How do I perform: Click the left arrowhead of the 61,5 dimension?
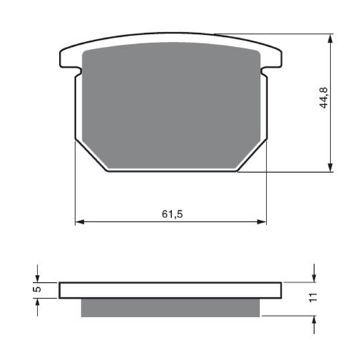80,221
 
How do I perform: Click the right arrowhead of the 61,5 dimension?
263,221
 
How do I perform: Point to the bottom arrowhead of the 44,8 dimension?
330,167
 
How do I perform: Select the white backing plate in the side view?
171,290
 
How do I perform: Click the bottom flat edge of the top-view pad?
171,171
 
